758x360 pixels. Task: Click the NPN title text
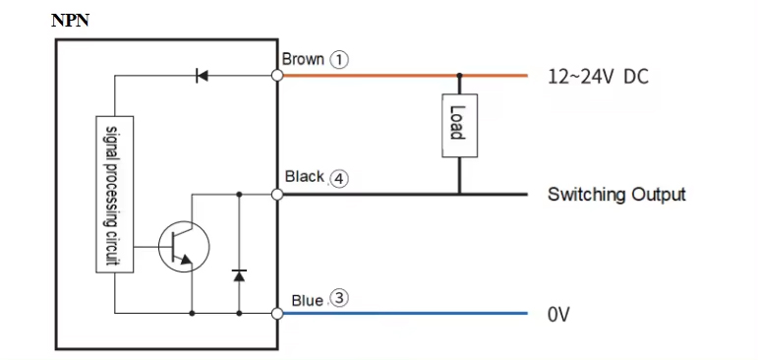[70, 20]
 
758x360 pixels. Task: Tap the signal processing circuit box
[113, 193]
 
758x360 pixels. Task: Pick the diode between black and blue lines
[239, 272]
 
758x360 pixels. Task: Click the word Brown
[303, 59]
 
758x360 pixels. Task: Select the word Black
[304, 177]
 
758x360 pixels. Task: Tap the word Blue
[307, 300]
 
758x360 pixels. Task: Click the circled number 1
[339, 59]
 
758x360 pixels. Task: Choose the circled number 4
[338, 178]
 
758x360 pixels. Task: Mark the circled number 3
[338, 299]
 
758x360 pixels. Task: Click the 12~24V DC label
[598, 77]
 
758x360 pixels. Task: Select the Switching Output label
[616, 194]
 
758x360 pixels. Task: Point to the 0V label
[558, 315]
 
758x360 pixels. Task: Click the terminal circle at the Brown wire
[277, 76]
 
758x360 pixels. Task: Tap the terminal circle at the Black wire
[277, 195]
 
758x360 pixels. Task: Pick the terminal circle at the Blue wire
[277, 314]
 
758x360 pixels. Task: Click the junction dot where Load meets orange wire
[458, 76]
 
